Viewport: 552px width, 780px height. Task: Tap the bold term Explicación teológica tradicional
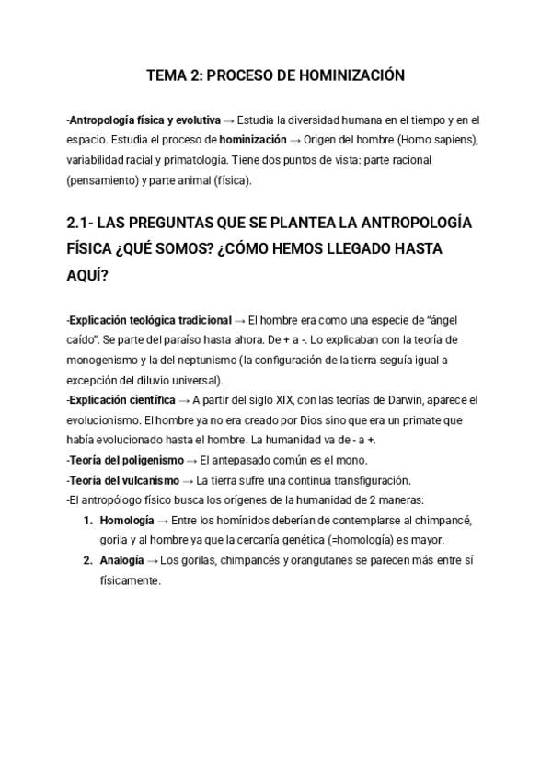[151, 320]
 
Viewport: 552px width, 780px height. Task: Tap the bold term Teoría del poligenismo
[124, 460]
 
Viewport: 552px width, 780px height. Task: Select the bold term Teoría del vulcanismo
[124, 480]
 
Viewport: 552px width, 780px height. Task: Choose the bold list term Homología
[126, 521]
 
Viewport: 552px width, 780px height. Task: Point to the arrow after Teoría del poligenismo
[190, 460]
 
